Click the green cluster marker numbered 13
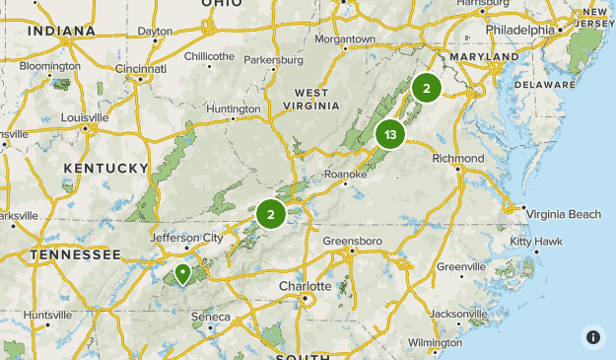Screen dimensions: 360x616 (x=390, y=135)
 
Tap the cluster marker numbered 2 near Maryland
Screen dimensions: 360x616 (x=426, y=88)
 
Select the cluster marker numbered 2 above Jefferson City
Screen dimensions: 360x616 (x=271, y=213)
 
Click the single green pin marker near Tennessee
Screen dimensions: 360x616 (x=182, y=274)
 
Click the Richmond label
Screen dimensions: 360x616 (x=458, y=159)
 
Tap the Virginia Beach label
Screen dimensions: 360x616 (x=563, y=214)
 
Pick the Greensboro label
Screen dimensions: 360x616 (x=353, y=241)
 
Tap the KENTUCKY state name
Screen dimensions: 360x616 (x=105, y=169)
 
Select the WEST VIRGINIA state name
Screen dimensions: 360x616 (x=310, y=100)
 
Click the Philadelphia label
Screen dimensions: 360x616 (x=519, y=30)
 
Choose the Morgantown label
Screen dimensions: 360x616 (x=345, y=39)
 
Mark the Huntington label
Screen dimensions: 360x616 (x=233, y=108)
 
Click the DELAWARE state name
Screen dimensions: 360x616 (x=543, y=85)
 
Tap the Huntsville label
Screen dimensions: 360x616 (x=48, y=315)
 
